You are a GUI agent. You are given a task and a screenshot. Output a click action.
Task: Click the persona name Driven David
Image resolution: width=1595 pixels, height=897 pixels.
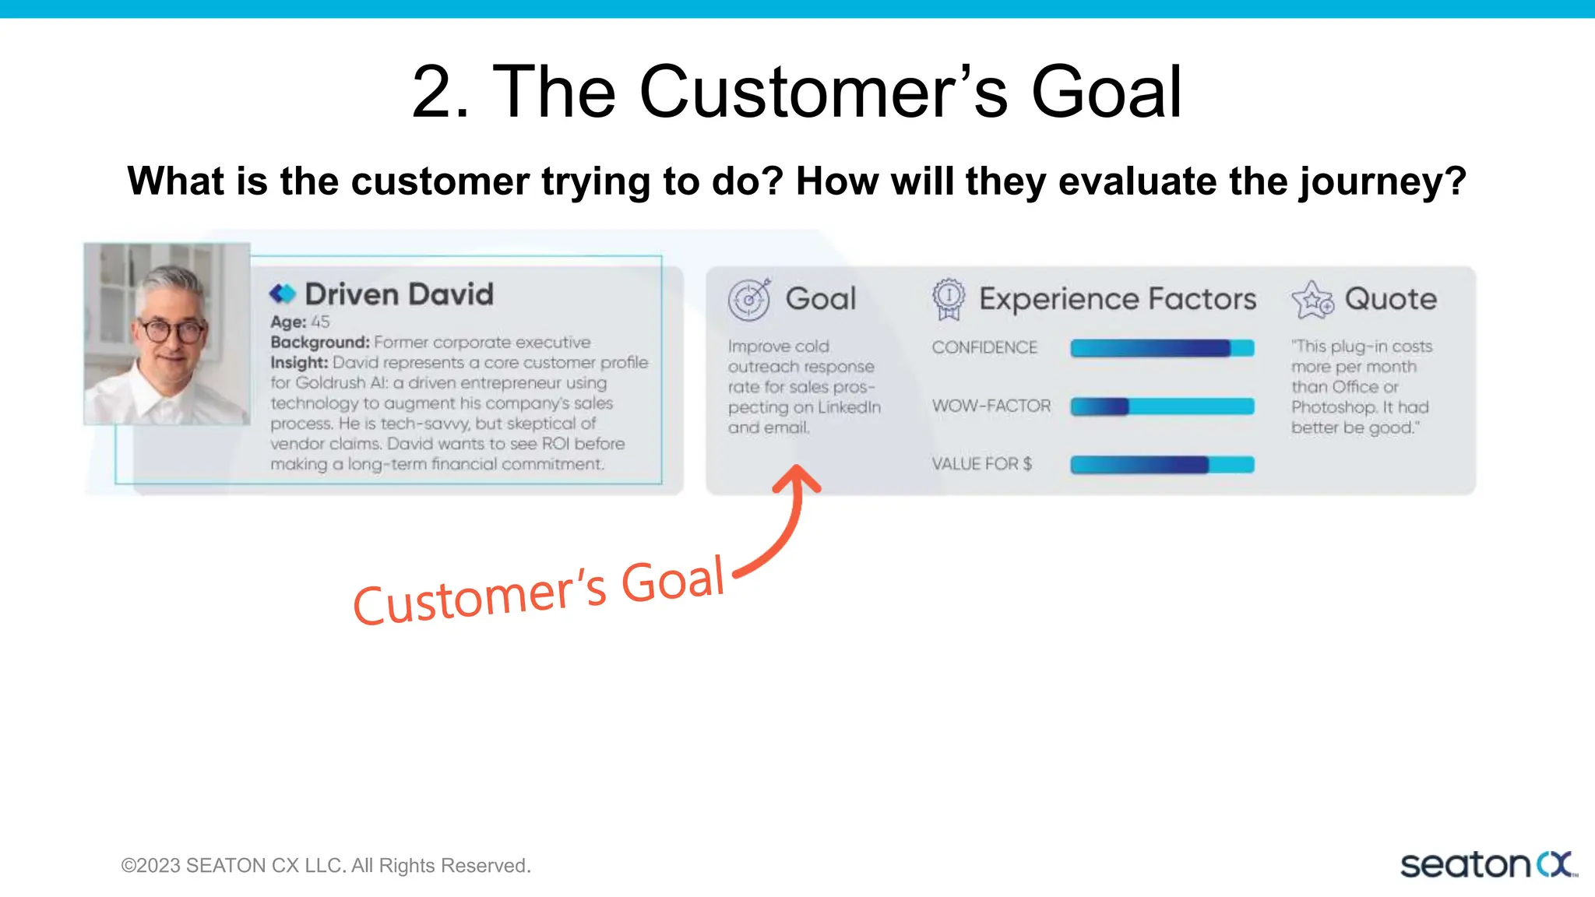pyautogui.click(x=399, y=294)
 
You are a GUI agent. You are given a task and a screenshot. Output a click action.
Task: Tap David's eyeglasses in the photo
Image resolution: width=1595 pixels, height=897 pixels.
pyautogui.click(x=170, y=331)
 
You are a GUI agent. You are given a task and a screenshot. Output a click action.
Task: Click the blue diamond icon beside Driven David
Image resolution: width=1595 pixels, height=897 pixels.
pyautogui.click(x=283, y=294)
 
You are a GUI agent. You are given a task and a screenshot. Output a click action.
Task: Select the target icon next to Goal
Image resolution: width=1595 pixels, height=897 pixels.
pyautogui.click(x=749, y=299)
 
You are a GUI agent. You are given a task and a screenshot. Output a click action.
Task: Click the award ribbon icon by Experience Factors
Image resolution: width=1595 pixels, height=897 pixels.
pyautogui.click(x=948, y=299)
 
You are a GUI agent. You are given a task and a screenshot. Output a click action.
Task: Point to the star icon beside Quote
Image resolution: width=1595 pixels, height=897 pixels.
pyautogui.click(x=1313, y=300)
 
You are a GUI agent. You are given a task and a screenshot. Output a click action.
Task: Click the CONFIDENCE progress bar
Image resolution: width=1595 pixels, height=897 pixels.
pyautogui.click(x=1162, y=348)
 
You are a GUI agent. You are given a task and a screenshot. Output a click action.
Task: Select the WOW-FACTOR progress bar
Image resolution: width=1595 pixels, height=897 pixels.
pyautogui.click(x=1162, y=406)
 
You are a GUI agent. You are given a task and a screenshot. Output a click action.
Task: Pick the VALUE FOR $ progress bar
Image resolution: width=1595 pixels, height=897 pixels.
pyautogui.click(x=1162, y=465)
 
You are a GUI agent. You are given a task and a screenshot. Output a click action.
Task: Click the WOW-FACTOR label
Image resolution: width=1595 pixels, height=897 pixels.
pyautogui.click(x=991, y=406)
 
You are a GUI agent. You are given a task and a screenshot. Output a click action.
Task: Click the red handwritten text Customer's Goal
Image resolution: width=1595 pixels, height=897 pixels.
pyautogui.click(x=539, y=592)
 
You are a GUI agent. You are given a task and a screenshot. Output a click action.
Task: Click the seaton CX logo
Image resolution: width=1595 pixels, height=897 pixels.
pyautogui.click(x=1488, y=865)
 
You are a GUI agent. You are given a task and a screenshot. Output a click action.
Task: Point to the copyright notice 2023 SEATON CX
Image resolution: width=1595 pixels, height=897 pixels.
pyautogui.click(x=326, y=866)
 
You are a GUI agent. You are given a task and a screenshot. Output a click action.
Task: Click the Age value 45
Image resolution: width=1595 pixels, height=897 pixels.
pyautogui.click(x=320, y=322)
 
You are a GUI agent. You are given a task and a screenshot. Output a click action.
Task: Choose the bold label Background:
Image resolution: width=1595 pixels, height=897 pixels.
pyautogui.click(x=319, y=343)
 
